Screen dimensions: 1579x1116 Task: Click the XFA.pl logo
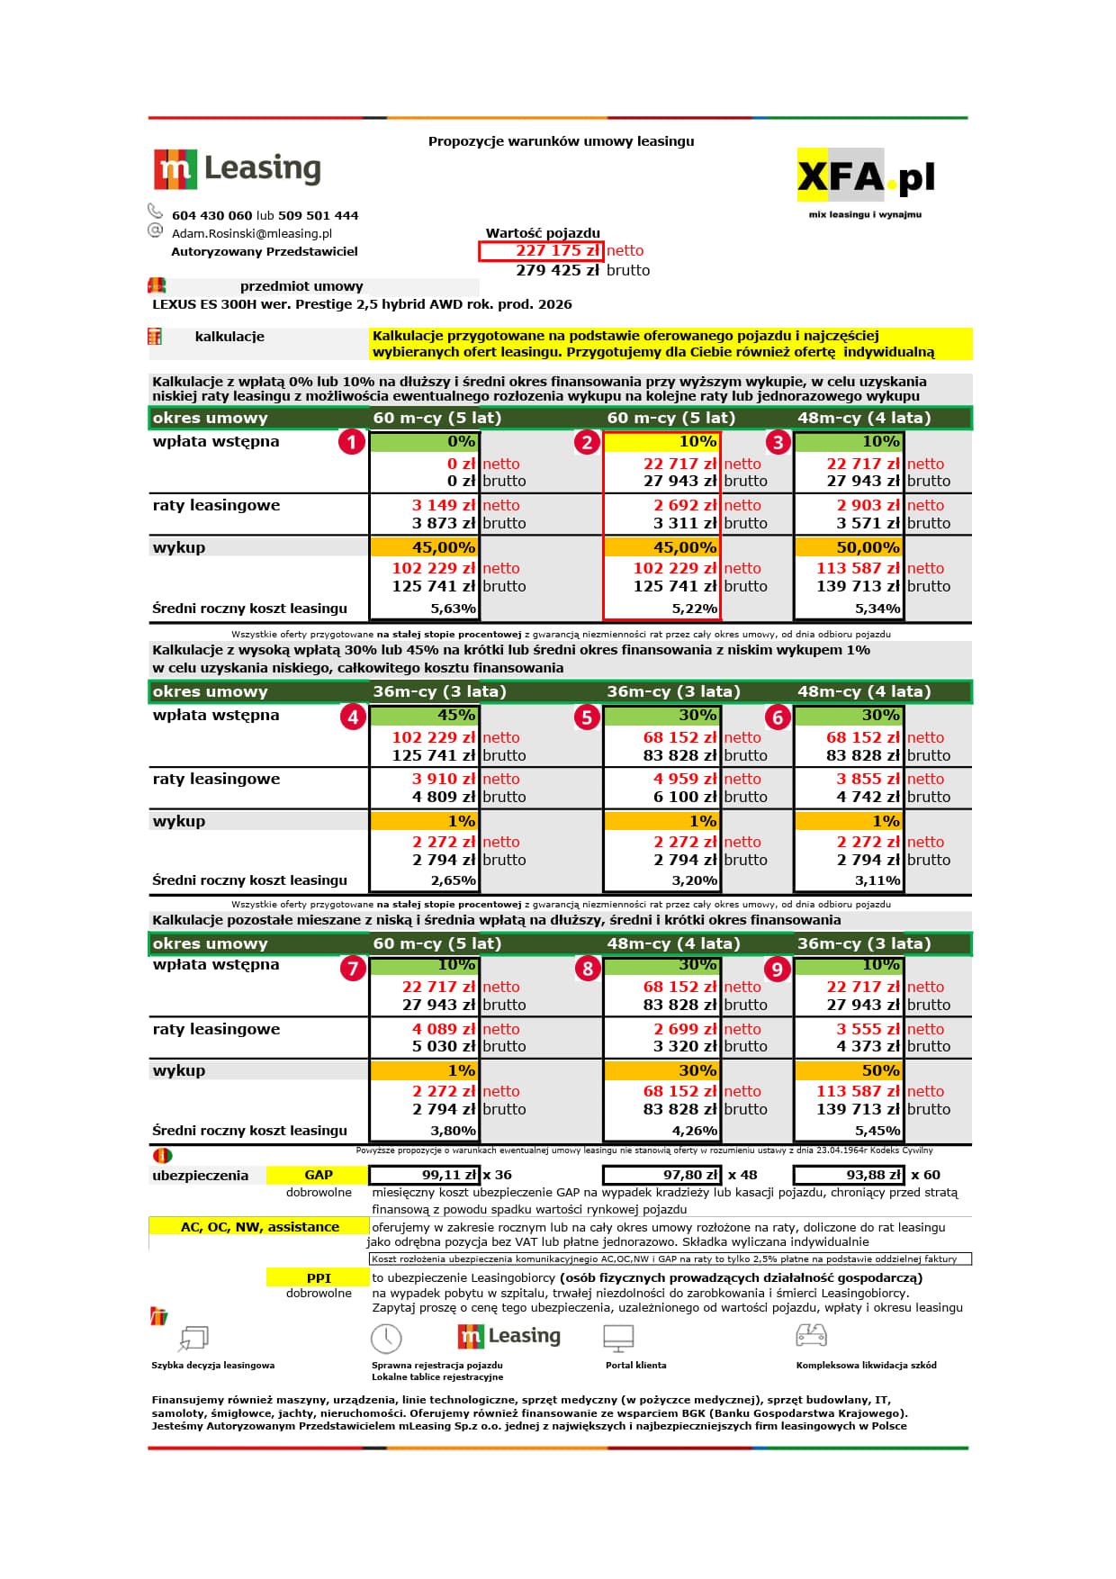tap(865, 177)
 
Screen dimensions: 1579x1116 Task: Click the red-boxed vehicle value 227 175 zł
tap(541, 251)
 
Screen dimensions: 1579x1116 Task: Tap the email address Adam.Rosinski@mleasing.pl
tap(252, 233)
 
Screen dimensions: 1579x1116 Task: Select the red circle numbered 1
tap(352, 442)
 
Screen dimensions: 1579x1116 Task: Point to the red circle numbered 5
tap(587, 717)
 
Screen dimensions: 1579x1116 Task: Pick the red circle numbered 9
tap(777, 969)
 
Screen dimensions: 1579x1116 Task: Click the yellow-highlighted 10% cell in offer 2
tap(661, 442)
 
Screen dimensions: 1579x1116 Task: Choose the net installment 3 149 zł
tap(443, 506)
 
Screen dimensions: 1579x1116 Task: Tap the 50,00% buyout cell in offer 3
tap(849, 547)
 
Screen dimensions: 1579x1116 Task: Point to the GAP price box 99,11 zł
tap(424, 1175)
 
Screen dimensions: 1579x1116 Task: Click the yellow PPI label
tap(319, 1277)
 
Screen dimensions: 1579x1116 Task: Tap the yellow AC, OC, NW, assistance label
tap(259, 1227)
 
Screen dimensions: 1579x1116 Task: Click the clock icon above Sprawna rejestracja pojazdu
tap(386, 1339)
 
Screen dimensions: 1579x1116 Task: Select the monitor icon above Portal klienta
tap(619, 1338)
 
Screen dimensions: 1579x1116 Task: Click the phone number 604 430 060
tap(211, 216)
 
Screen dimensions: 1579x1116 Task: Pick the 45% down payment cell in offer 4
tap(424, 716)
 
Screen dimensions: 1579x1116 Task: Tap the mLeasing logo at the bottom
tap(509, 1337)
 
